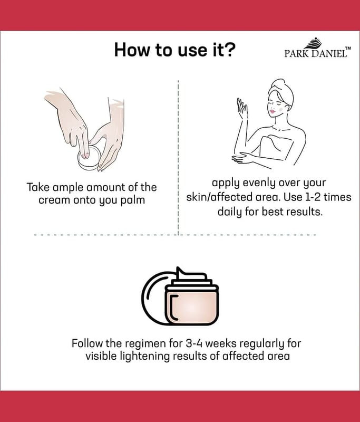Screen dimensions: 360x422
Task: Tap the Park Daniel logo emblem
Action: click(x=314, y=44)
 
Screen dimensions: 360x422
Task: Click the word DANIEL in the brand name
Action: click(x=329, y=54)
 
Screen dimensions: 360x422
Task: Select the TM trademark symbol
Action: click(x=348, y=48)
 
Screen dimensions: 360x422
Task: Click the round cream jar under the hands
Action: click(x=89, y=159)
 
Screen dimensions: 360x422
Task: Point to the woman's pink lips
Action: click(x=273, y=111)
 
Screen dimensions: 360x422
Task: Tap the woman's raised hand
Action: click(x=242, y=108)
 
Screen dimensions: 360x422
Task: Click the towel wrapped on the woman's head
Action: click(x=283, y=89)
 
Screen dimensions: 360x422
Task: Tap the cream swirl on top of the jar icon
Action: click(x=191, y=274)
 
